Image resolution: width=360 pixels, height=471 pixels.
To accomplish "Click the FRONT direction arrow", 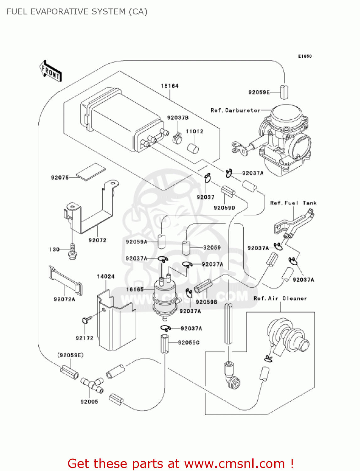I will pos(51,71).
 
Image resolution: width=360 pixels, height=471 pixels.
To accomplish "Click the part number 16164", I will pos(169,86).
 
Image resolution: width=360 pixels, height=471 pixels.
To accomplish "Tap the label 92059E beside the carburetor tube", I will pos(259,92).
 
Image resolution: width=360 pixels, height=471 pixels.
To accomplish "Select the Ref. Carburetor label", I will pos(235,110).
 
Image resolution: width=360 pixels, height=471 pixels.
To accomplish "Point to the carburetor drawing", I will pos(282,138).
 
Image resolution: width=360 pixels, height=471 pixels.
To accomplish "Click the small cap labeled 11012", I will pos(193,149).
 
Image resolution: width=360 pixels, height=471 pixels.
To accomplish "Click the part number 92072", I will pos(97,240).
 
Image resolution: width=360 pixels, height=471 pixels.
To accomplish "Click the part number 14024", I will pos(106,276).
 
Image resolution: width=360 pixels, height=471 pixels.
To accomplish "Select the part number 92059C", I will pos(189,342).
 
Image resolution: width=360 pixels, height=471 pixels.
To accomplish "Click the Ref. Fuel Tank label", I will pos(293,203).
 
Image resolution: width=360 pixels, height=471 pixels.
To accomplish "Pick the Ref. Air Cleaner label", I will pos(280,298).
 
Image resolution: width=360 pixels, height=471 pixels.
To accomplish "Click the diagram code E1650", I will pos(305,56).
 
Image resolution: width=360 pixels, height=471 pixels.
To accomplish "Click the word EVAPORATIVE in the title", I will pos(61,12).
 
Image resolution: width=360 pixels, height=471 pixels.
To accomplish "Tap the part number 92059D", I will pos(224,208).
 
